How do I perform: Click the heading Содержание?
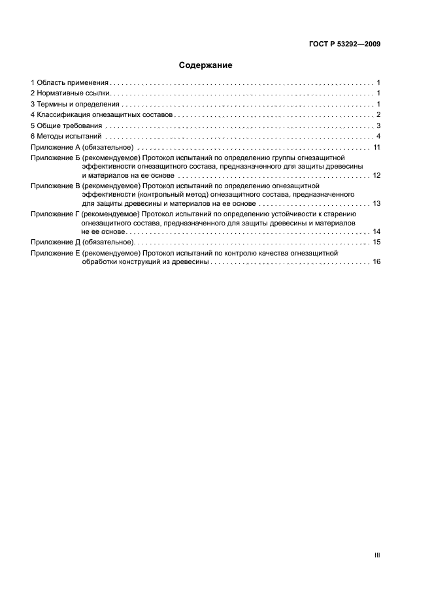pos(205,65)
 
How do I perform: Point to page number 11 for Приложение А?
pos(376,148)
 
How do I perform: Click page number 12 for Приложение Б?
pos(376,176)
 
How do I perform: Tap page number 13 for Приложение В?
pos(376,204)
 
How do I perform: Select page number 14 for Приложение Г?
pos(376,232)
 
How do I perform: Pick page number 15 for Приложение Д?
pos(376,242)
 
